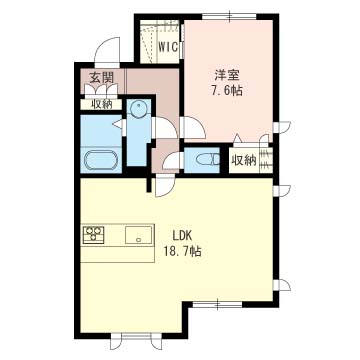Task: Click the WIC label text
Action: pos(168,47)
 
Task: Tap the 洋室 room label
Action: pos(228,76)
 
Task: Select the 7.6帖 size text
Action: pos(226,90)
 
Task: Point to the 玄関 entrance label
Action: pos(101,78)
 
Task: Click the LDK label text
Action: pos(181,236)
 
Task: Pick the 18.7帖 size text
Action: pos(182,251)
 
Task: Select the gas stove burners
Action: pos(94,234)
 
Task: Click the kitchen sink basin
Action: pos(138,234)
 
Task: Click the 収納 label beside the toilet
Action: pos(244,161)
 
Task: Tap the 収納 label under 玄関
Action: pos(101,104)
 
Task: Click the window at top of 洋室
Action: pos(229,16)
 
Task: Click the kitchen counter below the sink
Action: pos(117,254)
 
